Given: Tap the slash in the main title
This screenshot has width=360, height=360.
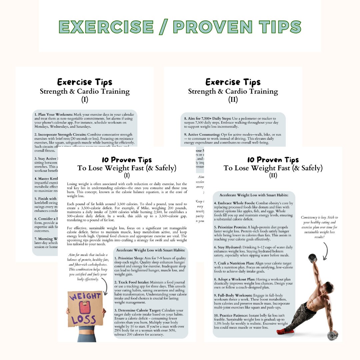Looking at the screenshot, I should tap(162, 27).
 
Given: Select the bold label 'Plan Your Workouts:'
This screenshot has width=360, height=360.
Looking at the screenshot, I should tap(54, 114).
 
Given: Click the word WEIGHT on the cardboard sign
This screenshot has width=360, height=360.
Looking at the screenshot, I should tap(85, 296).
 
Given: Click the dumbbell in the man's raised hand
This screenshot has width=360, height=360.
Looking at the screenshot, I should tap(313, 257).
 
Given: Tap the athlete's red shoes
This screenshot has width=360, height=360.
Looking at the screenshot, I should tap(285, 331).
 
